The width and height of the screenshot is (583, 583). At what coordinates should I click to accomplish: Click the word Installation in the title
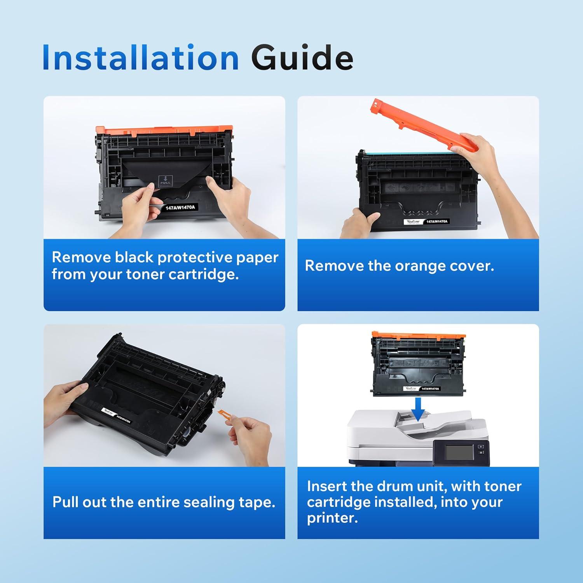(x=140, y=58)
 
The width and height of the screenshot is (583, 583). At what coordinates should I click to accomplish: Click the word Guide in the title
(x=302, y=58)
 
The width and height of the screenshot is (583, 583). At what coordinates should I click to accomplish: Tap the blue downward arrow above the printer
(x=417, y=409)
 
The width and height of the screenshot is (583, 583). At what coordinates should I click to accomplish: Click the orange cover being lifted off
(x=424, y=126)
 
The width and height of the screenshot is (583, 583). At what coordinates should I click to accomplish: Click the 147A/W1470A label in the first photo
(x=180, y=208)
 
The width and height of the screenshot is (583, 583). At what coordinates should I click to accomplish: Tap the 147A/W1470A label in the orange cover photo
(x=437, y=221)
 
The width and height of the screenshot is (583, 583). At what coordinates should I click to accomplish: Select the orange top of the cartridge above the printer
(x=418, y=335)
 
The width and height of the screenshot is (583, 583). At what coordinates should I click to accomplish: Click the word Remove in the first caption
(x=82, y=257)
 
